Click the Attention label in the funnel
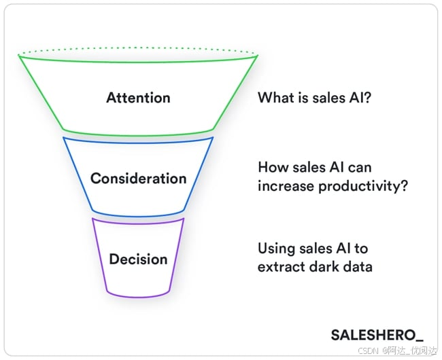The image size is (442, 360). click(138, 98)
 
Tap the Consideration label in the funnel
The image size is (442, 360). click(138, 179)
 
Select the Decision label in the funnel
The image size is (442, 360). click(138, 259)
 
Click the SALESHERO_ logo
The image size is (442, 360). click(377, 334)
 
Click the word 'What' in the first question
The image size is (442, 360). click(274, 98)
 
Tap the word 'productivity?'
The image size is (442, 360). click(370, 185)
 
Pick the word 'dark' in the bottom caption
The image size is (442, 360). click(321, 266)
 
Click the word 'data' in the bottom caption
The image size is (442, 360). click(357, 266)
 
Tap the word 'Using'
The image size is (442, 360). click(275, 249)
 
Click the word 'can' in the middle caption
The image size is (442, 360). click(360, 168)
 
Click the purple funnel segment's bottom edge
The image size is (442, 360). click(138, 295)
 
